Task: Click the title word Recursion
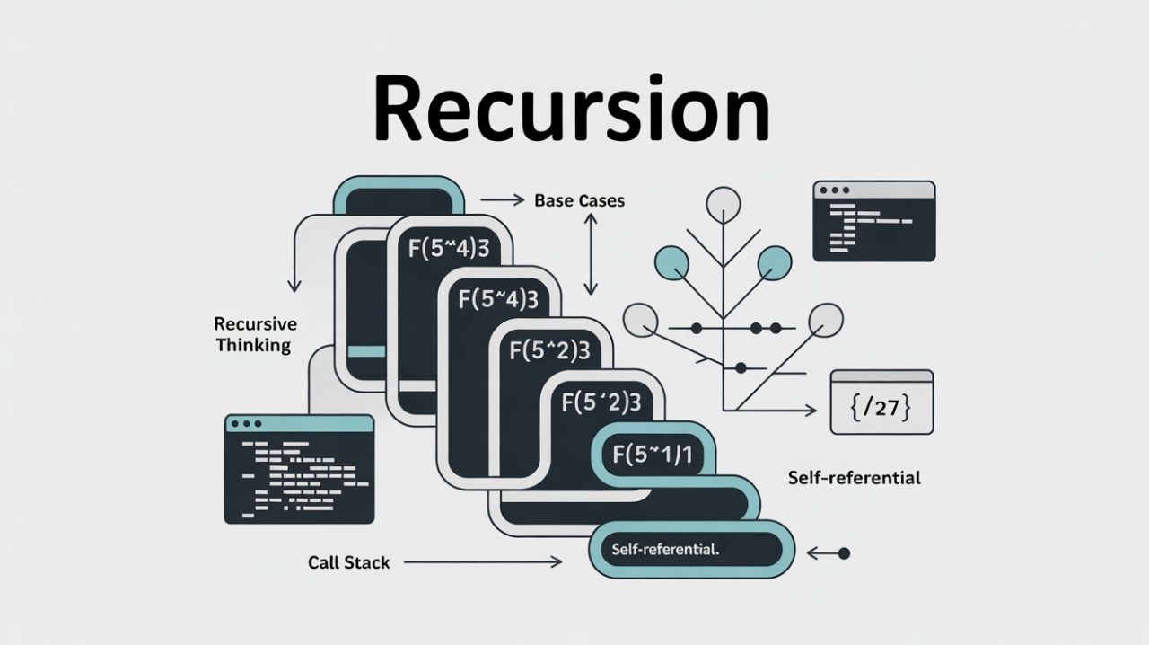tap(573, 110)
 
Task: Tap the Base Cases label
tap(579, 201)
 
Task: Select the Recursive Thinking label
tap(255, 334)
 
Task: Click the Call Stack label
tap(348, 562)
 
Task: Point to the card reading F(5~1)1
tap(653, 454)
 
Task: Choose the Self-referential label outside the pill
tap(854, 478)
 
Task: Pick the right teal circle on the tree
tap(775, 263)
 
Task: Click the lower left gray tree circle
tap(641, 320)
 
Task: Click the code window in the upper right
tap(873, 221)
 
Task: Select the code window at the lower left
tap(298, 468)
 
